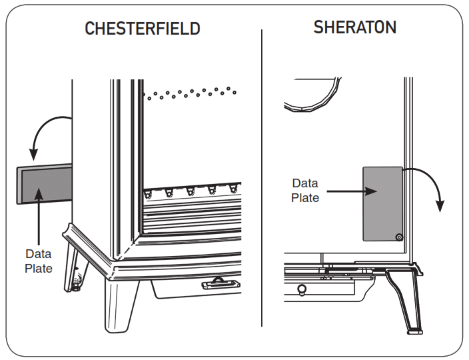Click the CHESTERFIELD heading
[x=143, y=29]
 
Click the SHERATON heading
[x=355, y=27]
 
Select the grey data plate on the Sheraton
[x=382, y=203]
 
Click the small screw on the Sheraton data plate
[x=398, y=236]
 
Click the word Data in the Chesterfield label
[x=38, y=254]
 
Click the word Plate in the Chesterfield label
[x=38, y=269]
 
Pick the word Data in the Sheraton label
[x=305, y=183]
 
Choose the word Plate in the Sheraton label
[x=305, y=198]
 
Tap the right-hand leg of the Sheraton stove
[x=408, y=300]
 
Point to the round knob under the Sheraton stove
[x=301, y=288]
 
